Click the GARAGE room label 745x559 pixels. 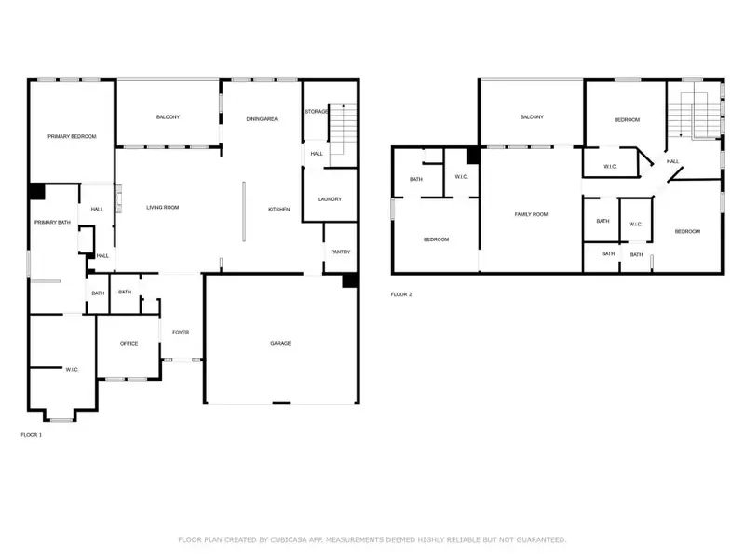click(x=280, y=343)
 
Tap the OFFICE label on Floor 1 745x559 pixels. click(x=129, y=343)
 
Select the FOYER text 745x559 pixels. click(x=180, y=332)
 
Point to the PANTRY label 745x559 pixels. click(x=340, y=252)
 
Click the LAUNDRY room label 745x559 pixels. click(x=330, y=199)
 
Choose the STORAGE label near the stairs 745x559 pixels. click(x=317, y=112)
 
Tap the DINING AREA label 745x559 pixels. click(x=262, y=119)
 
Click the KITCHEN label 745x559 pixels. click(x=279, y=209)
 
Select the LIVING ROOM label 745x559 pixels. click(x=163, y=207)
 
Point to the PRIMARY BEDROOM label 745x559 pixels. click(x=72, y=137)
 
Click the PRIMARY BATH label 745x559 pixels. click(x=52, y=222)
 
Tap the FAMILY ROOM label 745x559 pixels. click(x=532, y=214)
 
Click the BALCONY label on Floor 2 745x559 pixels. click(x=532, y=116)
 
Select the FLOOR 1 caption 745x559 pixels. click(x=32, y=435)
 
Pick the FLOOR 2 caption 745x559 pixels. click(x=401, y=294)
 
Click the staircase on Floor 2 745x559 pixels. click(x=694, y=115)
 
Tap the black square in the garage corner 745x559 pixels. click(x=350, y=280)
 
